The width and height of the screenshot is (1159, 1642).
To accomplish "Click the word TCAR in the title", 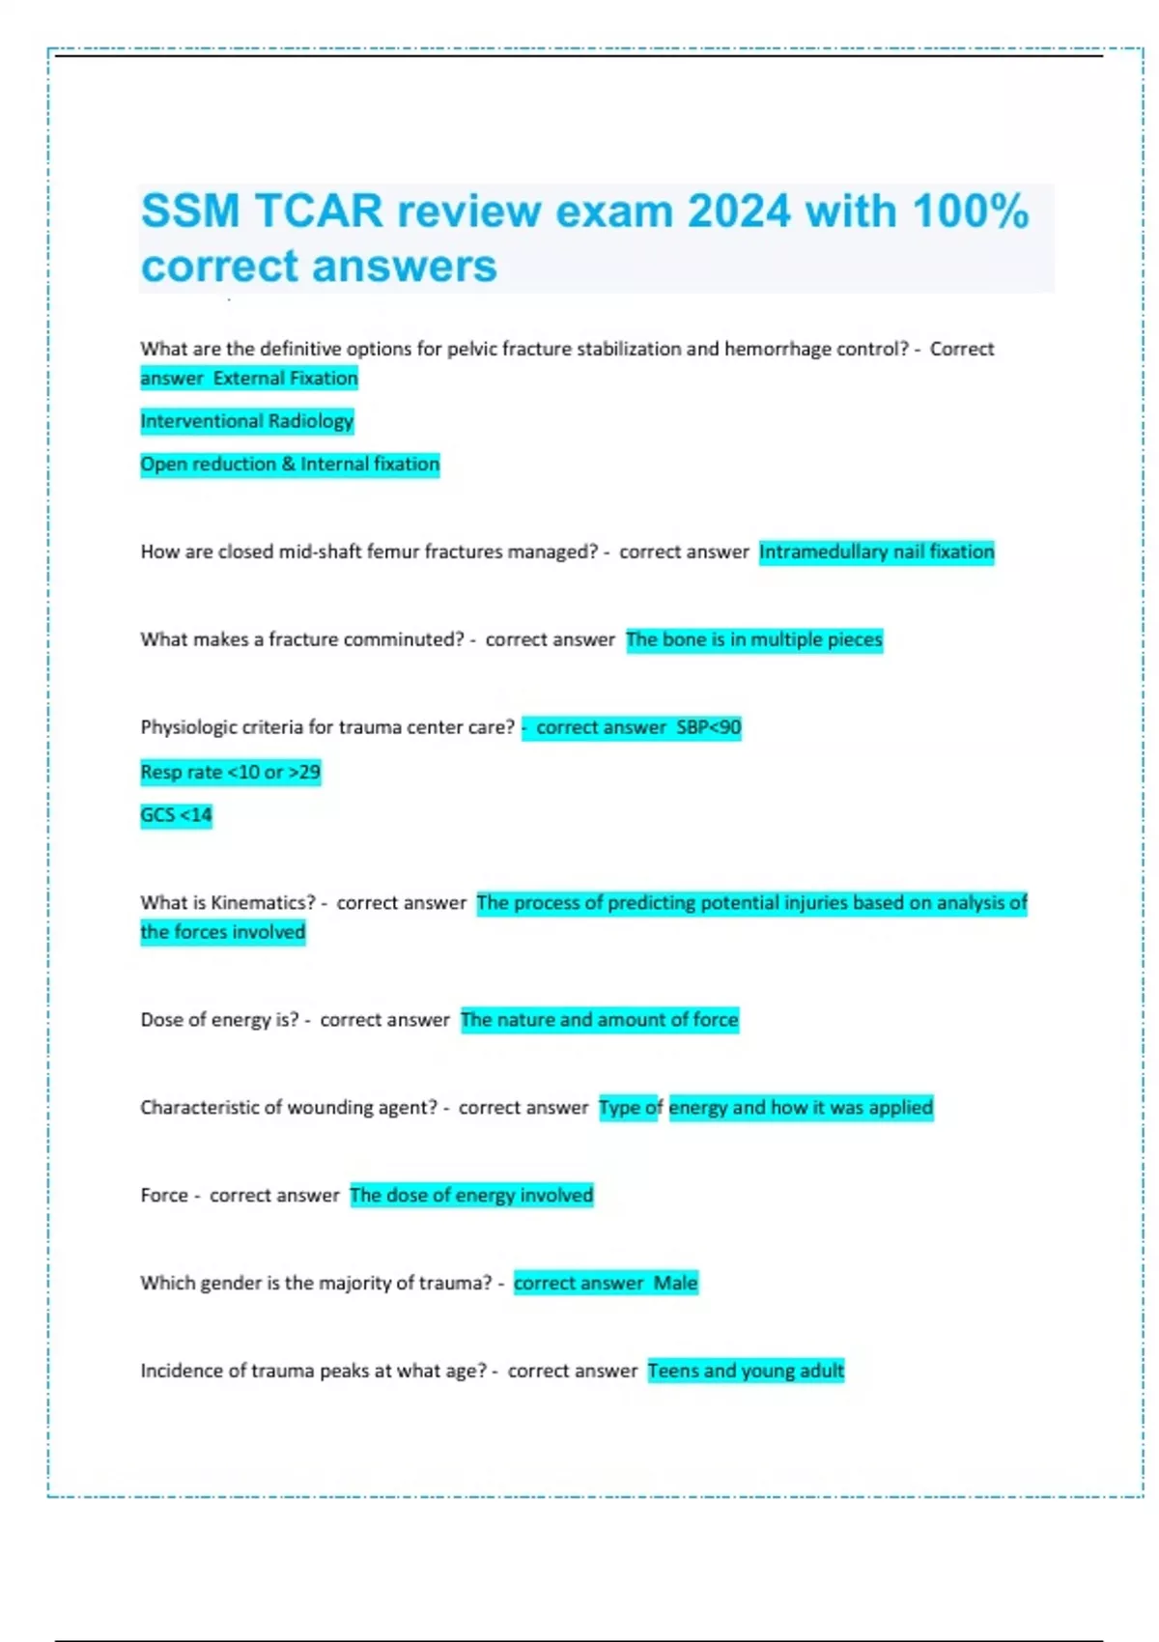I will pos(319,212).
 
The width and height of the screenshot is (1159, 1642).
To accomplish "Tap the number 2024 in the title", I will pos(739,212).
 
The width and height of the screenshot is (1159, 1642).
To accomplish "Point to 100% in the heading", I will pos(970,212).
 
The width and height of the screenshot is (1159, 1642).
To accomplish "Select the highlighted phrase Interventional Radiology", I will pos(247,421).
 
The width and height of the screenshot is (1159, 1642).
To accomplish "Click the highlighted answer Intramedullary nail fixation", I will pos(876,552).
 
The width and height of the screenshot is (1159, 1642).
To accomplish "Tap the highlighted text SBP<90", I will pos(709,727).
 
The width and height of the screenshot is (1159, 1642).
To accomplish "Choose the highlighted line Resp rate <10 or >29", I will pos(230,772).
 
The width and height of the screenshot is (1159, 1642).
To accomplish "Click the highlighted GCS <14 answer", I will pos(176,815).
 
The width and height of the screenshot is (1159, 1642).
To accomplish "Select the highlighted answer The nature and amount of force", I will pos(600,1020).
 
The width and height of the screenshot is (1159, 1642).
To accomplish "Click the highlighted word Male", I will pos(675,1283).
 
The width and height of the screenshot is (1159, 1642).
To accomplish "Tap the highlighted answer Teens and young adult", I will pos(746,1371).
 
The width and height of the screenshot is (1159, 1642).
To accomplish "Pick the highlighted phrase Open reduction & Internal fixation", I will pos(290,465).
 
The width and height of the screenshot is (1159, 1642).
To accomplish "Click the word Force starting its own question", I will pos(163,1196).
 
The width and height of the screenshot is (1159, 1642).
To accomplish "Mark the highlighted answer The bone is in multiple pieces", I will pos(754,639).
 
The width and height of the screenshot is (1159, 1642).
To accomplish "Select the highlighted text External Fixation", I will pos(285,379).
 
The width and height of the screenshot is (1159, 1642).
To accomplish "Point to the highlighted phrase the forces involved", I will pos(223,932).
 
